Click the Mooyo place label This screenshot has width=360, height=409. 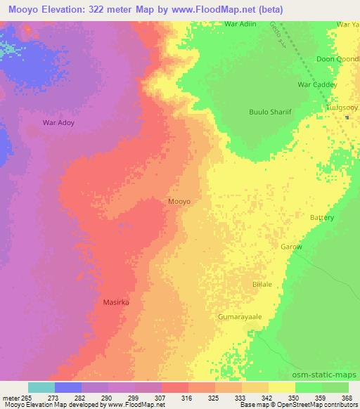pos(179,202)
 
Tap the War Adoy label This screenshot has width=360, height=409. pos(58,122)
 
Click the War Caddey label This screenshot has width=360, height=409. pos(318,84)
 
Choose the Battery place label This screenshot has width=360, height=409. pos(322,218)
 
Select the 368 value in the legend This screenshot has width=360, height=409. pos(347,397)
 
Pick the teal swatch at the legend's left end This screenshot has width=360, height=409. pos(41,387)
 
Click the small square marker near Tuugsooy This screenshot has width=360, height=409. pos(347,117)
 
